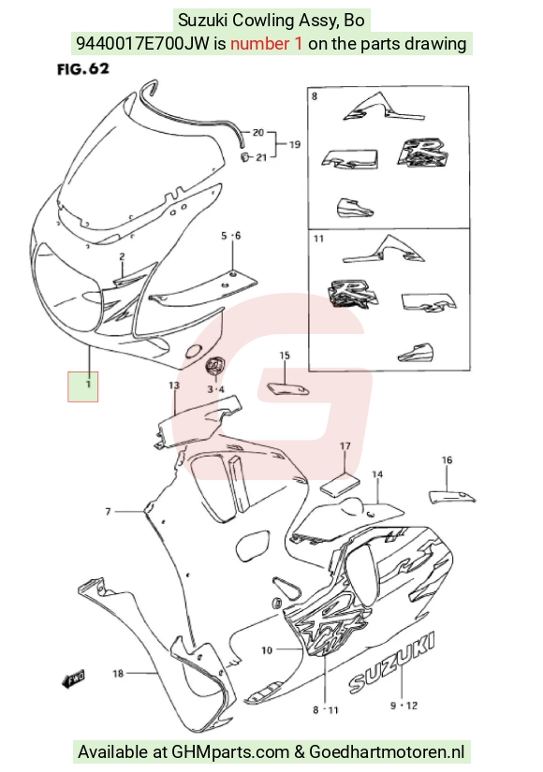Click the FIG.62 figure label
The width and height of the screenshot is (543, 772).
click(82, 69)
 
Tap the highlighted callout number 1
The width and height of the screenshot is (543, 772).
click(88, 383)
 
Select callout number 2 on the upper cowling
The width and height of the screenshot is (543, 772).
click(122, 256)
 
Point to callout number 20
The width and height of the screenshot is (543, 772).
click(258, 133)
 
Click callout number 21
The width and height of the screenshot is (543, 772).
click(261, 157)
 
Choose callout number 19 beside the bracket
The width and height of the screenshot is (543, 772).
click(295, 144)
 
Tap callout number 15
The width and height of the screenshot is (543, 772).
click(285, 356)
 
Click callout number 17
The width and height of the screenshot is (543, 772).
click(345, 446)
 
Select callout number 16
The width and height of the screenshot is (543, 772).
click(447, 459)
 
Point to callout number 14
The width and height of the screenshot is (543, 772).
click(377, 474)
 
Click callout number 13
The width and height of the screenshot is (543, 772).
click(174, 385)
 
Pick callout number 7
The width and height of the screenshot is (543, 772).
click(108, 512)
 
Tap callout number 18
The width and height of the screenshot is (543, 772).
click(118, 673)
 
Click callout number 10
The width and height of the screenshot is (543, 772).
click(267, 650)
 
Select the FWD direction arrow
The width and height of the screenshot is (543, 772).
click(73, 679)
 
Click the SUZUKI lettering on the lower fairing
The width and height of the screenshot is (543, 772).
click(392, 663)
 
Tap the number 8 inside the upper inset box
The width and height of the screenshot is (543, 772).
click(315, 96)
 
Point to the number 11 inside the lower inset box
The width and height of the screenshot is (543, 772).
click(319, 239)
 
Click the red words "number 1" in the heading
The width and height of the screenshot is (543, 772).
click(267, 44)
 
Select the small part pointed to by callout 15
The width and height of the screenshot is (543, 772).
click(287, 388)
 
